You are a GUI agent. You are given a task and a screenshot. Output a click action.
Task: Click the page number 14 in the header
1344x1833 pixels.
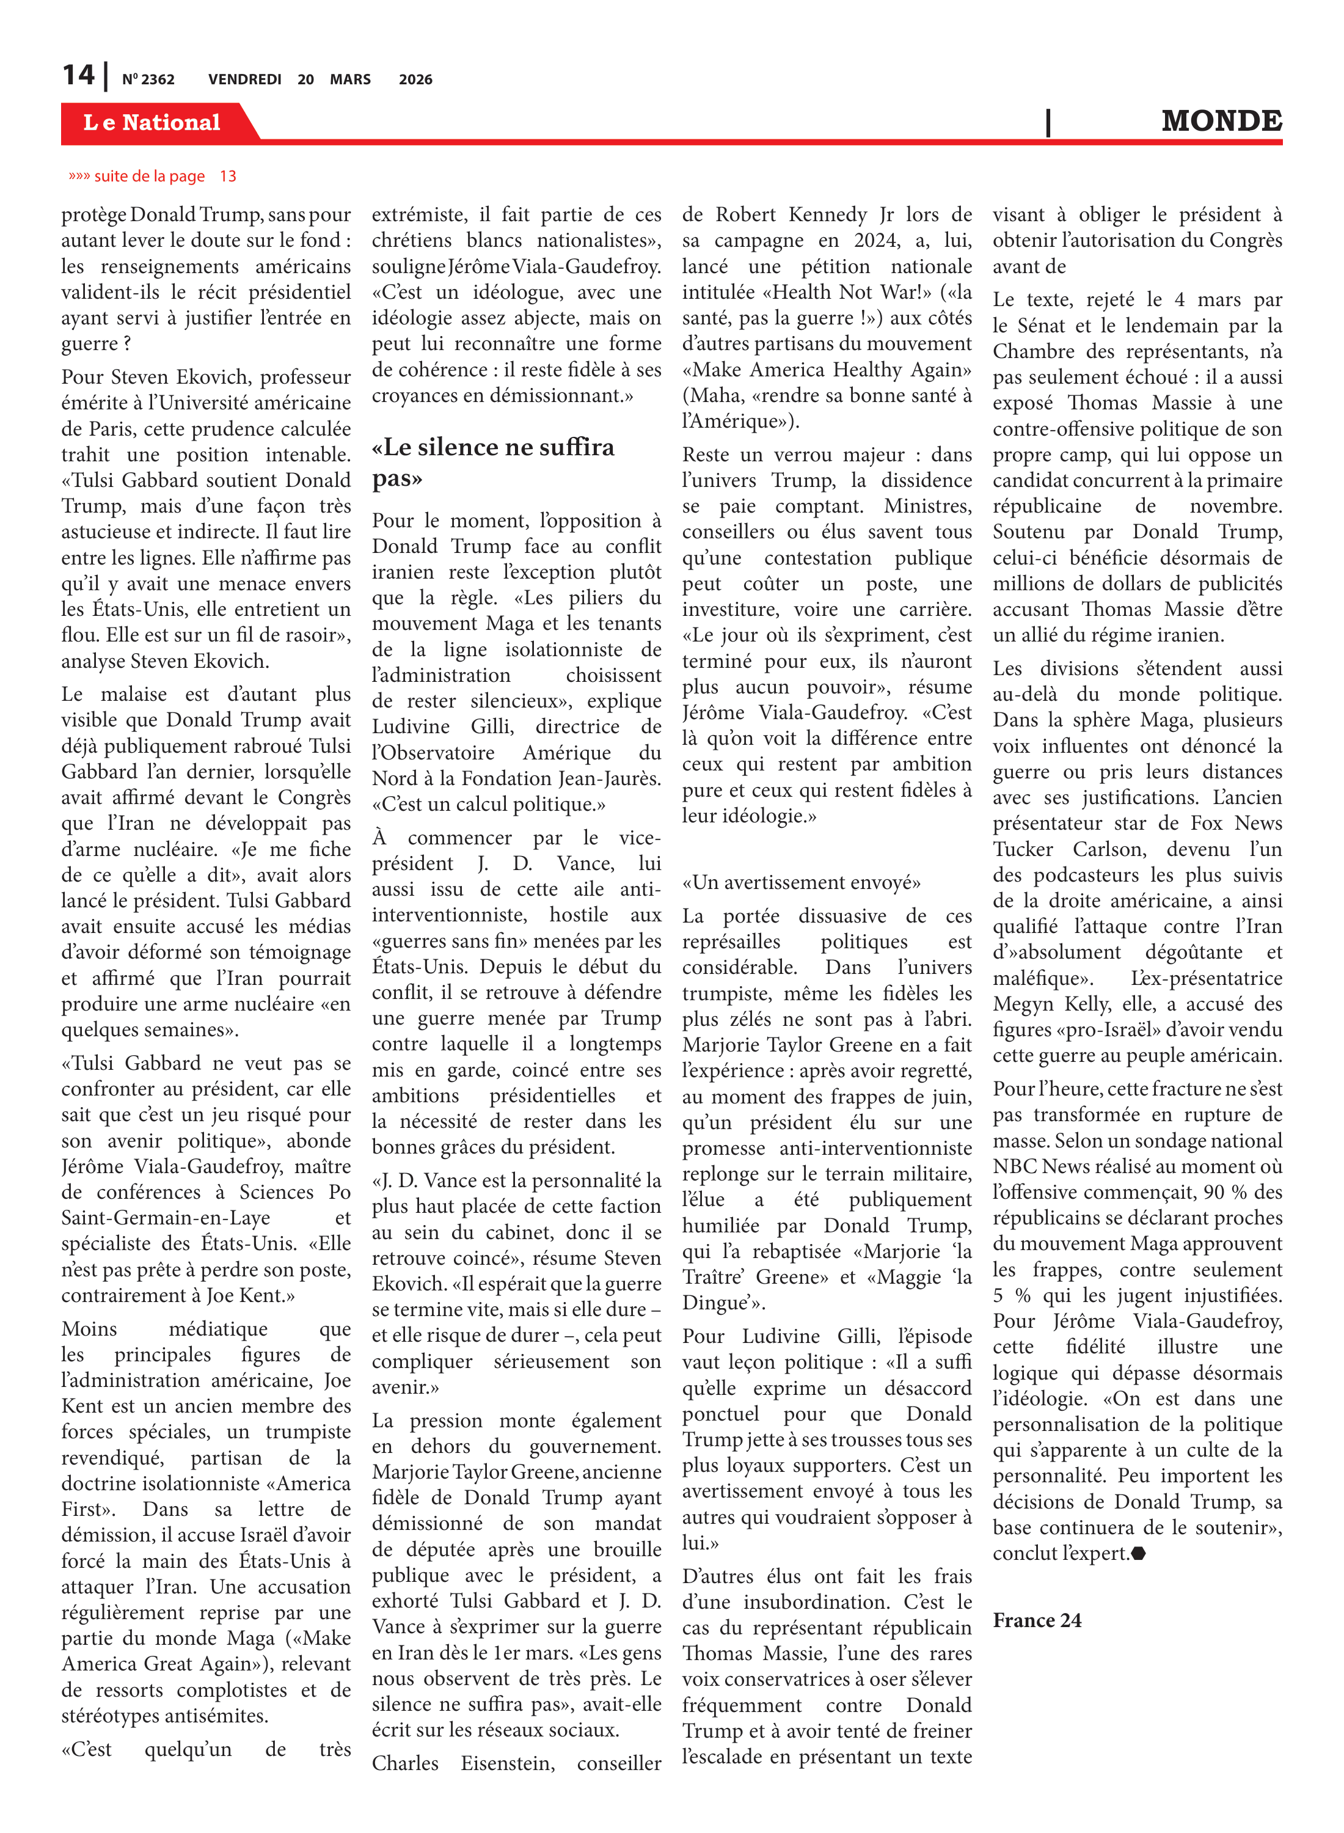(x=78, y=76)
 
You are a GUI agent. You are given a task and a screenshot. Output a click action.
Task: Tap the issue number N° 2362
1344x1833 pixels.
(x=148, y=79)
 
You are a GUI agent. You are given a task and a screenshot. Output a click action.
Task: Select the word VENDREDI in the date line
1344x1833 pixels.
(x=244, y=79)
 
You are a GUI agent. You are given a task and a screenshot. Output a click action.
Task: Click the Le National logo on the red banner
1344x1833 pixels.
(x=152, y=123)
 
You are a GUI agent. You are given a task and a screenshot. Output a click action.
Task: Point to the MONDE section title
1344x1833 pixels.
(x=1221, y=121)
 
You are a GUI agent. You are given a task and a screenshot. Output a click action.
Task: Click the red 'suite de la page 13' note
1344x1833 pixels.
(x=153, y=177)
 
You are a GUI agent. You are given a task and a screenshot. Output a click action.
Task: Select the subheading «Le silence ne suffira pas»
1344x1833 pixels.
(x=492, y=462)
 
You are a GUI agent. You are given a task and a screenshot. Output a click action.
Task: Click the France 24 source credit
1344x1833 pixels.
(x=1037, y=1620)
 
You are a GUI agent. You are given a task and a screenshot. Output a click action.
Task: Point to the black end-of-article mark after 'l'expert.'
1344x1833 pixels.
(x=1139, y=1553)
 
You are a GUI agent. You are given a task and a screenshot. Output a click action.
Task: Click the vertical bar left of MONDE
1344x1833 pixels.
(x=1048, y=122)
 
